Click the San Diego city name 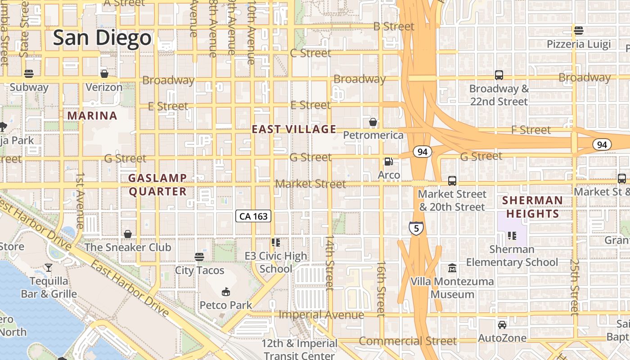[102, 38]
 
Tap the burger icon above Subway [29, 73]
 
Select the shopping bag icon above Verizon [104, 73]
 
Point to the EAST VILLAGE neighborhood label [294, 130]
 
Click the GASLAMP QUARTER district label [157, 185]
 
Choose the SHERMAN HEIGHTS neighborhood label [532, 207]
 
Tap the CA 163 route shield [253, 216]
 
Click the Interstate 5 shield [416, 228]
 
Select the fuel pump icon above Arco [388, 162]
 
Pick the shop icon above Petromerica [373, 121]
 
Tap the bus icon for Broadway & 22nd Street [499, 75]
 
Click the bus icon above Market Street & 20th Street [452, 181]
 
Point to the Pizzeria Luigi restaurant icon [579, 31]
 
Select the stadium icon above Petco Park [225, 292]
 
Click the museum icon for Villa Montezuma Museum [452, 268]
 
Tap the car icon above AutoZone [502, 324]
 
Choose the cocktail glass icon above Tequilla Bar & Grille [49, 268]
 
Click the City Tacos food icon [199, 257]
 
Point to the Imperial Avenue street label [321, 315]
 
